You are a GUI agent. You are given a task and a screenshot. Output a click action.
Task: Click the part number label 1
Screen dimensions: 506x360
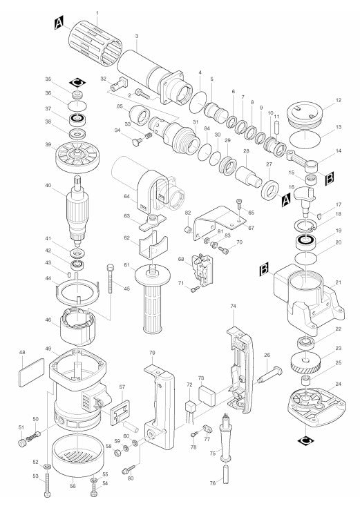point(97,13)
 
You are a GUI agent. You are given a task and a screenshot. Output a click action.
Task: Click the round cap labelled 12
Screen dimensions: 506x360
point(309,112)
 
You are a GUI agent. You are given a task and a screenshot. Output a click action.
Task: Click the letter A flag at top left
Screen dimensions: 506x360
point(59,24)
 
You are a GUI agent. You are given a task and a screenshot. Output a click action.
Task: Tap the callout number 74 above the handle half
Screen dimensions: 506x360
point(233,305)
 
